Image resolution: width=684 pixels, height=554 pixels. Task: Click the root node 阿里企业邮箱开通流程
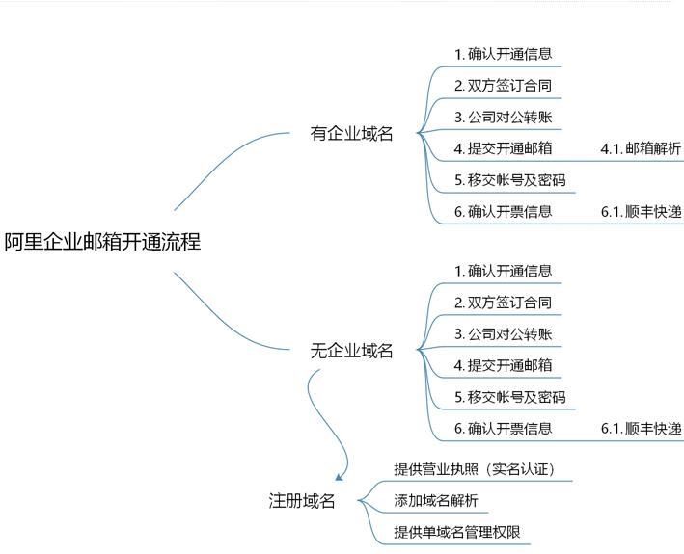tap(102, 242)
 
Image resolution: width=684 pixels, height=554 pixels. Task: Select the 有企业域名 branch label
tap(352, 134)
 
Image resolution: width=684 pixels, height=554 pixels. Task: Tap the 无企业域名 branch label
tap(352, 351)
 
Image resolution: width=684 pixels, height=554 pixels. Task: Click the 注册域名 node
tap(302, 500)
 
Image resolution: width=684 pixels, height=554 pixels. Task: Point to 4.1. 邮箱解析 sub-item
tap(641, 148)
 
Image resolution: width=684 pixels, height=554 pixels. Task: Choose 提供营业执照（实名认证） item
tap(475, 469)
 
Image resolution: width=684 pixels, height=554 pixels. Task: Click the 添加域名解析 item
tap(436, 501)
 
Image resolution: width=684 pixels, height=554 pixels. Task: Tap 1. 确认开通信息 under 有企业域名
tap(504, 54)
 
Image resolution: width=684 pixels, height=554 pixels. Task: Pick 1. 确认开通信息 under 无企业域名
tap(504, 271)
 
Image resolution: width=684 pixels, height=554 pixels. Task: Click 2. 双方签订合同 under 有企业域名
tap(504, 86)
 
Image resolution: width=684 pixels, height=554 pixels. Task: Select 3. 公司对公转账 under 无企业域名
tap(504, 334)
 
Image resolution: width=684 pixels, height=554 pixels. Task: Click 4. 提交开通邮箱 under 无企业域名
tap(504, 365)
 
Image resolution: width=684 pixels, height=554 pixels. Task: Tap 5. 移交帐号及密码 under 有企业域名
tap(510, 180)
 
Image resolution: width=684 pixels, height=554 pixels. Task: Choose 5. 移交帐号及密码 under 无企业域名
tap(510, 397)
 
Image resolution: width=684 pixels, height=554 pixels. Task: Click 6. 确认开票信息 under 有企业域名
tap(504, 212)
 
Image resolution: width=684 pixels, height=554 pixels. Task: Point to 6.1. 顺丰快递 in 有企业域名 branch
tap(641, 212)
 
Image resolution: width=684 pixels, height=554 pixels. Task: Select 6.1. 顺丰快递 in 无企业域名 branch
tap(641, 429)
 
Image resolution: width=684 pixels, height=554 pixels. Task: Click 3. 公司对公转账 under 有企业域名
tap(504, 118)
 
